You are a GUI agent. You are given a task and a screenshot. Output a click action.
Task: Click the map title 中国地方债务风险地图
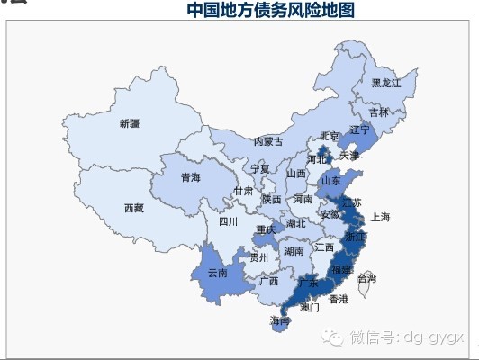tap(271, 10)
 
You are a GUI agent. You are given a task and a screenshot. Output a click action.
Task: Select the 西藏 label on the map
tap(133, 208)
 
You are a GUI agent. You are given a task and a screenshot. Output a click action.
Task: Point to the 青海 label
tap(190, 177)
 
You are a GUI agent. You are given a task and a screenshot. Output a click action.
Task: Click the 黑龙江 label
tap(386, 83)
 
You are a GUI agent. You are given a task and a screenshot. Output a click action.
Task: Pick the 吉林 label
tap(379, 112)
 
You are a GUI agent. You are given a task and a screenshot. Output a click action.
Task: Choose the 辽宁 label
tap(359, 130)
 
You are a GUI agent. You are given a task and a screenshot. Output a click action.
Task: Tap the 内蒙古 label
tap(267, 141)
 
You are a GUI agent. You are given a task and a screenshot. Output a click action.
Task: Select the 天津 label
tap(348, 156)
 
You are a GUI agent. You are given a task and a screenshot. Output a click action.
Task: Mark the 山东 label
tap(330, 180)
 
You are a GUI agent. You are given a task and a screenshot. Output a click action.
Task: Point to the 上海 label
tap(380, 217)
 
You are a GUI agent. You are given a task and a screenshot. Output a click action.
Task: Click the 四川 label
tap(228, 221)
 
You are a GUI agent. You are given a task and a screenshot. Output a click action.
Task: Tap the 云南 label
tap(218, 272)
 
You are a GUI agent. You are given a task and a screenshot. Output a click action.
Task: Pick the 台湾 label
tap(367, 278)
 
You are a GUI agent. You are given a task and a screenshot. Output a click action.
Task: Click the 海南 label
tap(279, 320)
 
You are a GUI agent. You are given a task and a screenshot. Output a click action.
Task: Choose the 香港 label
tap(338, 298)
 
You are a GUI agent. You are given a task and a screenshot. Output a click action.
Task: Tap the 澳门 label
tap(309, 307)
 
